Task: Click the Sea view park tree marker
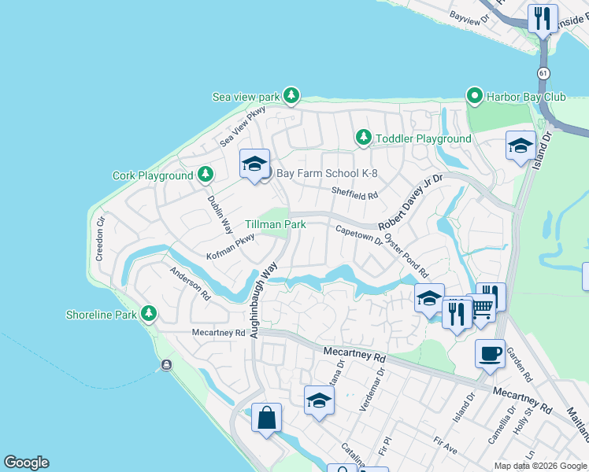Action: (291, 96)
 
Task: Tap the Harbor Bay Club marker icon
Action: (475, 96)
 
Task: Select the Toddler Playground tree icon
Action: (363, 138)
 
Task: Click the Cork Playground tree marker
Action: (205, 175)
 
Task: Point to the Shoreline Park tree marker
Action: (148, 315)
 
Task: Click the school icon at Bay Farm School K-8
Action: (254, 164)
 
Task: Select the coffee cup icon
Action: (490, 353)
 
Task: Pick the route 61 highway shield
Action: (543, 72)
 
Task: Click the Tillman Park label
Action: (275, 224)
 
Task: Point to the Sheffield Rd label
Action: (354, 194)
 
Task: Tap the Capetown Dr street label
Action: (358, 236)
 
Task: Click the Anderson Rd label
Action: (191, 284)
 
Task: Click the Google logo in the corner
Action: (26, 463)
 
